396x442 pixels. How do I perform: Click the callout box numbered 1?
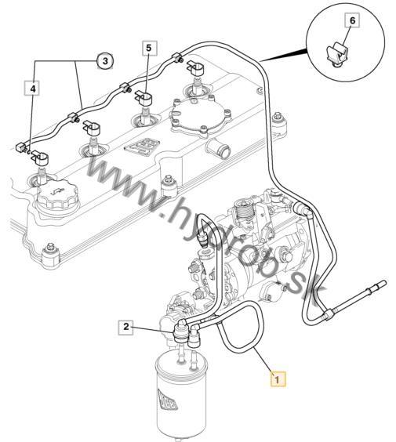278,379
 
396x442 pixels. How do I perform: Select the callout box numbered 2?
125,327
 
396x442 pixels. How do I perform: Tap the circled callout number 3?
105,61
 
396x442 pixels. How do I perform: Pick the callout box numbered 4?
33,89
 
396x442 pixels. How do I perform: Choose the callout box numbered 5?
149,48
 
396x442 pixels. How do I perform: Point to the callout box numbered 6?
352,20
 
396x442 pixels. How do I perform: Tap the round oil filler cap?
58,197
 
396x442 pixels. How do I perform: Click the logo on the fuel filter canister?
167,400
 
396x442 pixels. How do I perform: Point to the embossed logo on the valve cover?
142,147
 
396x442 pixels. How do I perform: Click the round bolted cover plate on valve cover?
201,115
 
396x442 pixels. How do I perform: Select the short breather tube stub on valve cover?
218,149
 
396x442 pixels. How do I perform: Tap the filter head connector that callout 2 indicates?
180,331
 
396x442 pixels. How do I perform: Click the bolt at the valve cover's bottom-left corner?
51,255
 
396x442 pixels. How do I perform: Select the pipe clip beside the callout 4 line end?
40,158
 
